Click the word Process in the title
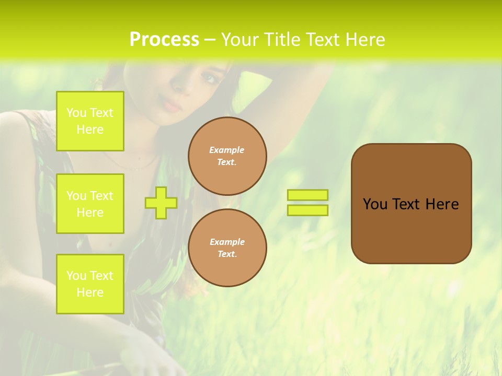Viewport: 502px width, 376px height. (x=164, y=40)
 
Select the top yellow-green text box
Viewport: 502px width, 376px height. (x=90, y=121)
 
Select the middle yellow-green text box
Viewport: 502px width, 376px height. (x=90, y=204)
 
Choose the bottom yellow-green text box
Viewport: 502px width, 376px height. (x=90, y=284)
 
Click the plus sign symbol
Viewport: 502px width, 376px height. (x=161, y=203)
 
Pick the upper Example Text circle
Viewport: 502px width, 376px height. (x=227, y=156)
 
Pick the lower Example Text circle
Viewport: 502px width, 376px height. (x=227, y=248)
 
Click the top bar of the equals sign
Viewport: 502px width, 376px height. (x=308, y=195)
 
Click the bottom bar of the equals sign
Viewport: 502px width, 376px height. (x=308, y=210)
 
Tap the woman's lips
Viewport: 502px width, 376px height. (x=172, y=105)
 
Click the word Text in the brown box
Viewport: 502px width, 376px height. (x=408, y=204)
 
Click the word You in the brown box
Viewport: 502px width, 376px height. (x=375, y=204)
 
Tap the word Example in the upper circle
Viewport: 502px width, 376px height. (x=227, y=150)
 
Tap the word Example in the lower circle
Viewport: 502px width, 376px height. (x=227, y=242)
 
